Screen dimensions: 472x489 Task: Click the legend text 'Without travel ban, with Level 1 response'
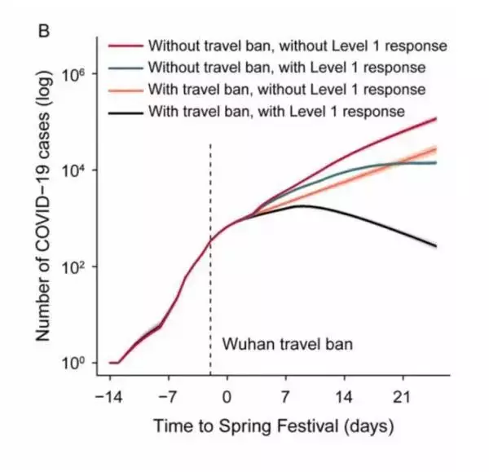pyautogui.click(x=288, y=66)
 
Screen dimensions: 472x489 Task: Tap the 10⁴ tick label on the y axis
pyautogui.click(x=75, y=170)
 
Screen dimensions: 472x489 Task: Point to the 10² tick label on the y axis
pyautogui.click(x=75, y=267)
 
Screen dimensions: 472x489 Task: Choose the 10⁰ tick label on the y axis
pyautogui.click(x=75, y=363)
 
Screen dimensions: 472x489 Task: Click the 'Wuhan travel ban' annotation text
pyautogui.click(x=288, y=344)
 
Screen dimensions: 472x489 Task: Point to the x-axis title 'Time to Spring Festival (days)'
pyautogui.click(x=274, y=426)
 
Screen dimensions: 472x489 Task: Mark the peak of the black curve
pyautogui.click(x=302, y=205)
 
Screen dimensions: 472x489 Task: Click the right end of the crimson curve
pyautogui.click(x=437, y=119)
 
